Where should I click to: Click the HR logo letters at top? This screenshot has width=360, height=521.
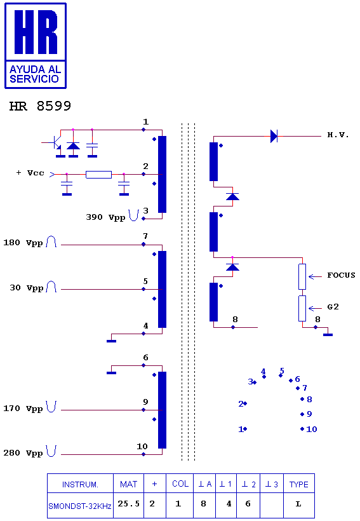pyautogui.click(x=36, y=32)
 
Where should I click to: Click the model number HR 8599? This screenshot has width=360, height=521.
pyautogui.click(x=40, y=106)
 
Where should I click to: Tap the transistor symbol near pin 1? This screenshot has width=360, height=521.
pyautogui.click(x=55, y=143)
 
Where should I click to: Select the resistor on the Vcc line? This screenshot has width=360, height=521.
pyautogui.click(x=98, y=175)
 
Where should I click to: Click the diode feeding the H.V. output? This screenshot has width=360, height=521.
pyautogui.click(x=274, y=136)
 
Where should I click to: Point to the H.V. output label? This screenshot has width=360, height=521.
pyautogui.click(x=338, y=135)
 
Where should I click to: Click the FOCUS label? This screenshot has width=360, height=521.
pyautogui.click(x=341, y=275)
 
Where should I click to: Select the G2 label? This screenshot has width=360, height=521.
pyautogui.click(x=333, y=307)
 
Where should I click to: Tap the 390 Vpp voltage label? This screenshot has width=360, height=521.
pyautogui.click(x=105, y=217)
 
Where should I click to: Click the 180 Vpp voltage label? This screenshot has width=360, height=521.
pyautogui.click(x=23, y=243)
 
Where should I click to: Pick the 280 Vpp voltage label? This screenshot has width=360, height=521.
pyautogui.click(x=23, y=453)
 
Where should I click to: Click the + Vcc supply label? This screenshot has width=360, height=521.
pyautogui.click(x=30, y=173)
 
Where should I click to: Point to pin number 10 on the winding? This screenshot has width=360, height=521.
pyautogui.click(x=142, y=446)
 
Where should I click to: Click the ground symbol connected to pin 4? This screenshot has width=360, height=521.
pyautogui.click(x=111, y=341)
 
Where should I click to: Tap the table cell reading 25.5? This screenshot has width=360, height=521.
pyautogui.click(x=128, y=504)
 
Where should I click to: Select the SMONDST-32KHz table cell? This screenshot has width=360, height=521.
pyautogui.click(x=80, y=506)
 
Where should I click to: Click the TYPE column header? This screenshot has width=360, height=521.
pyautogui.click(x=299, y=484)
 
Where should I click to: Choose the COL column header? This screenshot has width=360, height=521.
pyautogui.click(x=180, y=484)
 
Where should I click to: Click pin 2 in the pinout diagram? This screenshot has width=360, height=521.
pyautogui.click(x=243, y=403)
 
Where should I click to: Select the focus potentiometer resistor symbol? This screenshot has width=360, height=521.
pyautogui.click(x=302, y=277)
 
